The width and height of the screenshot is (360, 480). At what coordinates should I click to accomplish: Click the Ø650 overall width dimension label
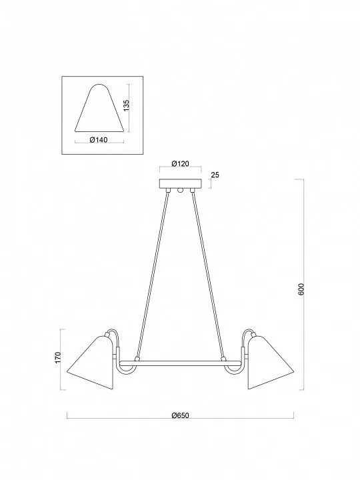point(180,415)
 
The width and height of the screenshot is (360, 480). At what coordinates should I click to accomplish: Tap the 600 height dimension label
point(301,289)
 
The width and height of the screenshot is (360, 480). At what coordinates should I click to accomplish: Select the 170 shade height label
point(58,357)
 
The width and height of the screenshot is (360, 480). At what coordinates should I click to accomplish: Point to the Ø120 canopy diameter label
point(180,163)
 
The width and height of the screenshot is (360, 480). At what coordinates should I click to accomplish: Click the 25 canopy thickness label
point(215,175)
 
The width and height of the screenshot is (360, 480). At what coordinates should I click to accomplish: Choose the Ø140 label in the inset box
point(99,140)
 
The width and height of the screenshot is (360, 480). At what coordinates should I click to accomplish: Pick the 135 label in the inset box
point(127,105)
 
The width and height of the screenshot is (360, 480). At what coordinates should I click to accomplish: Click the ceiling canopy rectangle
point(181,183)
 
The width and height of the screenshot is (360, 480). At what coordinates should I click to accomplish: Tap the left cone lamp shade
point(91,363)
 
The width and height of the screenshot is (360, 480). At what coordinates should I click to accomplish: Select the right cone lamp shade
point(271,363)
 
